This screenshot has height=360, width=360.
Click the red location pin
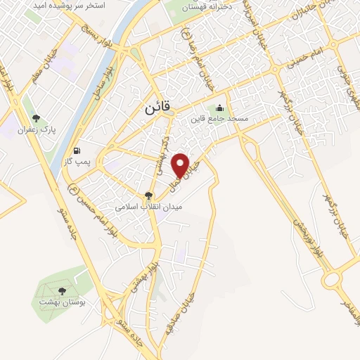click(182, 165)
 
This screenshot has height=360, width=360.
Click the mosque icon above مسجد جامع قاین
click(220, 108)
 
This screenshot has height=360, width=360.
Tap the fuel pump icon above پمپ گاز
click(77, 150)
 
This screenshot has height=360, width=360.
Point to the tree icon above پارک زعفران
click(37, 119)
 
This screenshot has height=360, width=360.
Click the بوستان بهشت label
click(61, 301)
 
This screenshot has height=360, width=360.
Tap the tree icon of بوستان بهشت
click(62, 290)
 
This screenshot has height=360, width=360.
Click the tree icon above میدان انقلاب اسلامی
click(148, 195)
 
